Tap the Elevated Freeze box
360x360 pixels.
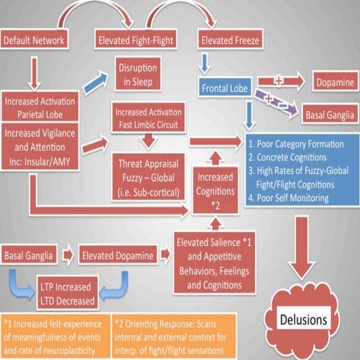tap(229, 39)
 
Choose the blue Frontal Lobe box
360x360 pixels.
tap(226, 88)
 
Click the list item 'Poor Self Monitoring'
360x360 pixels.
tap(292, 198)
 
